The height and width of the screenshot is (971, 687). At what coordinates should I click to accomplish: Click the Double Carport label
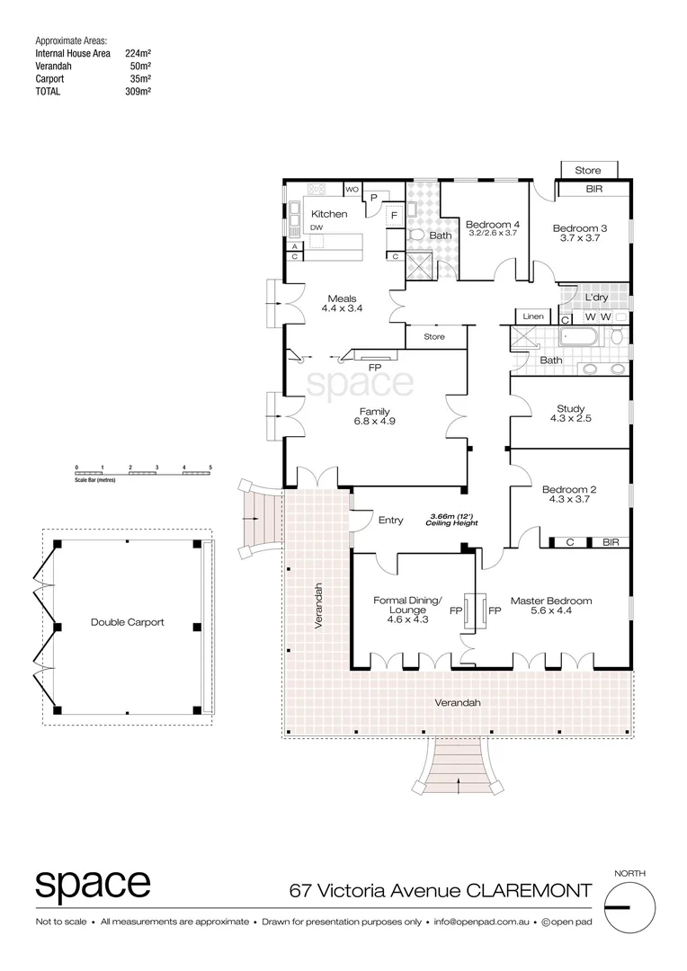(x=128, y=622)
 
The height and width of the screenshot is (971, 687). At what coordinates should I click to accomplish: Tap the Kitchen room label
(x=329, y=214)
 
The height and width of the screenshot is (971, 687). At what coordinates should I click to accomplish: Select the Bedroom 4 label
(x=492, y=224)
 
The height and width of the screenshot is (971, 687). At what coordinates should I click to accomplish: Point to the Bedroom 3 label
(x=579, y=228)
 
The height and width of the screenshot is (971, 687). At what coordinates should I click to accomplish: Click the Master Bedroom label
(x=551, y=601)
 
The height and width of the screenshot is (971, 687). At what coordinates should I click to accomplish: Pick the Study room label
(x=570, y=409)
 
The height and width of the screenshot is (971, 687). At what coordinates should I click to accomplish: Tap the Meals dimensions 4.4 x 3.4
(x=342, y=308)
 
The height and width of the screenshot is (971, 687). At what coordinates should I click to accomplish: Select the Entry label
(x=391, y=520)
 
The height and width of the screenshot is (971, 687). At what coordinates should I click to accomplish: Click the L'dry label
(x=596, y=298)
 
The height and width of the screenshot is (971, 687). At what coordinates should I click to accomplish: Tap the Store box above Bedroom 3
(x=588, y=170)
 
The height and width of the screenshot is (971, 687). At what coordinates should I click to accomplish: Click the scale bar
(x=143, y=471)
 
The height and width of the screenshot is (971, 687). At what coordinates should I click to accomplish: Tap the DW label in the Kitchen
(x=317, y=228)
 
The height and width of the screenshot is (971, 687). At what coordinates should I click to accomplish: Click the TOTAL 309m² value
(x=138, y=91)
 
